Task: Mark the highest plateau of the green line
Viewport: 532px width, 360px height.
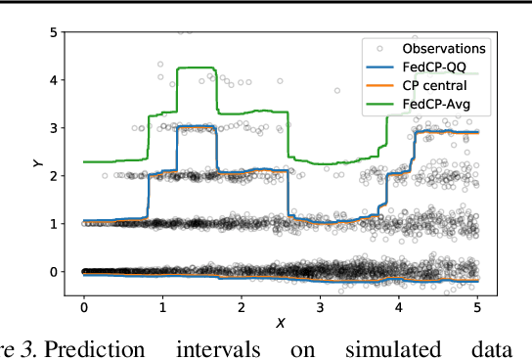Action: [x=196, y=68]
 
